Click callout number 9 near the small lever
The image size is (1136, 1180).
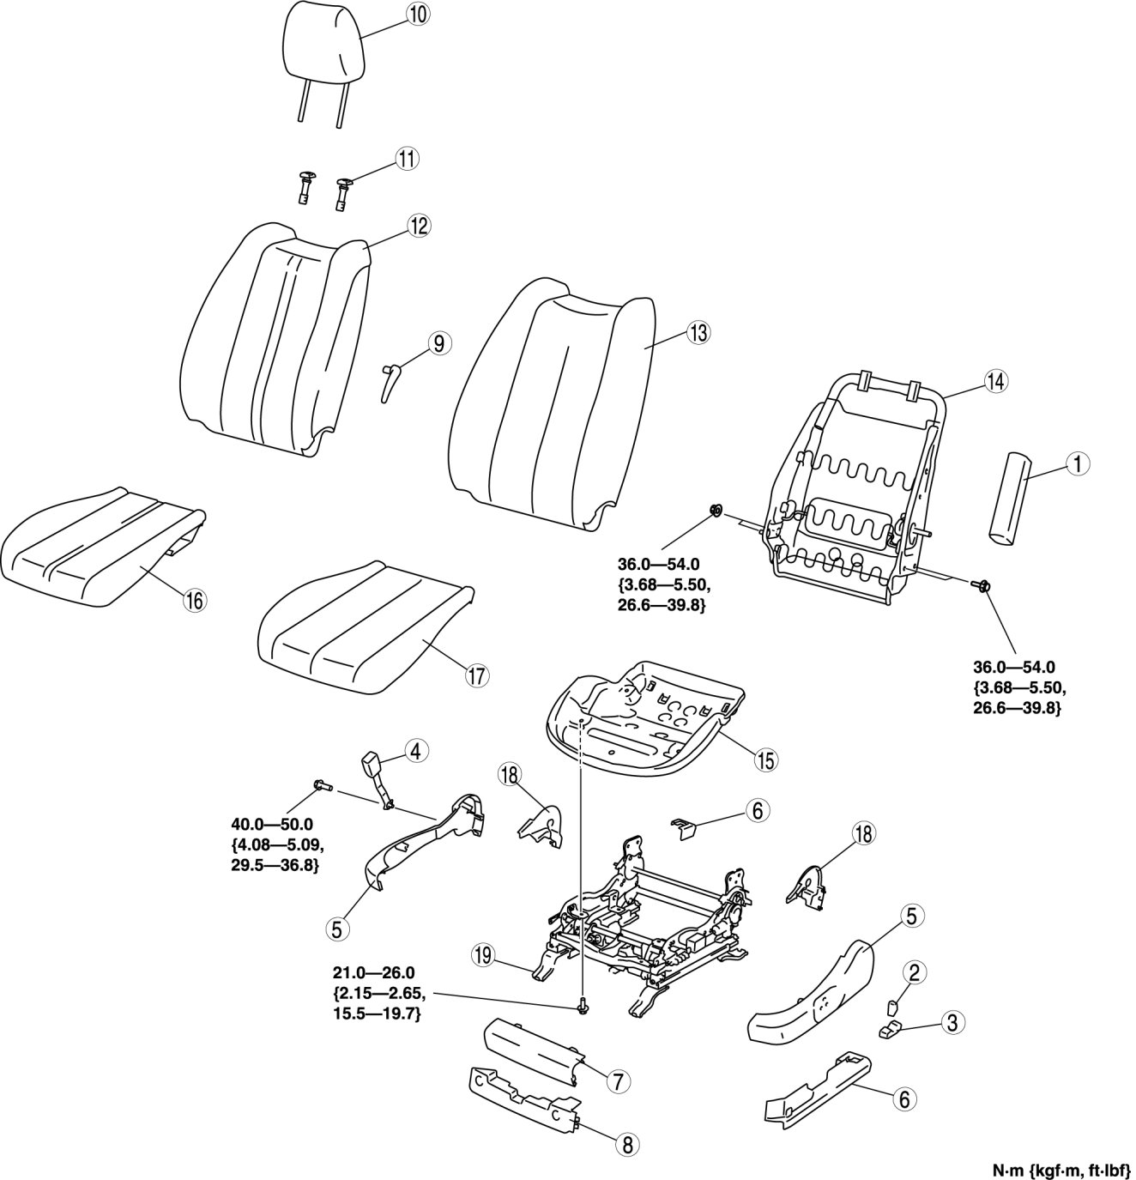[438, 343]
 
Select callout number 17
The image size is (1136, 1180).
[476, 675]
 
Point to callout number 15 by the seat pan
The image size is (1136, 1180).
[764, 759]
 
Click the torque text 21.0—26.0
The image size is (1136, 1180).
[373, 972]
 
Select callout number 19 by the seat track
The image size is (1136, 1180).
[483, 955]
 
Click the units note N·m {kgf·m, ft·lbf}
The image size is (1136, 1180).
[1060, 1169]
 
